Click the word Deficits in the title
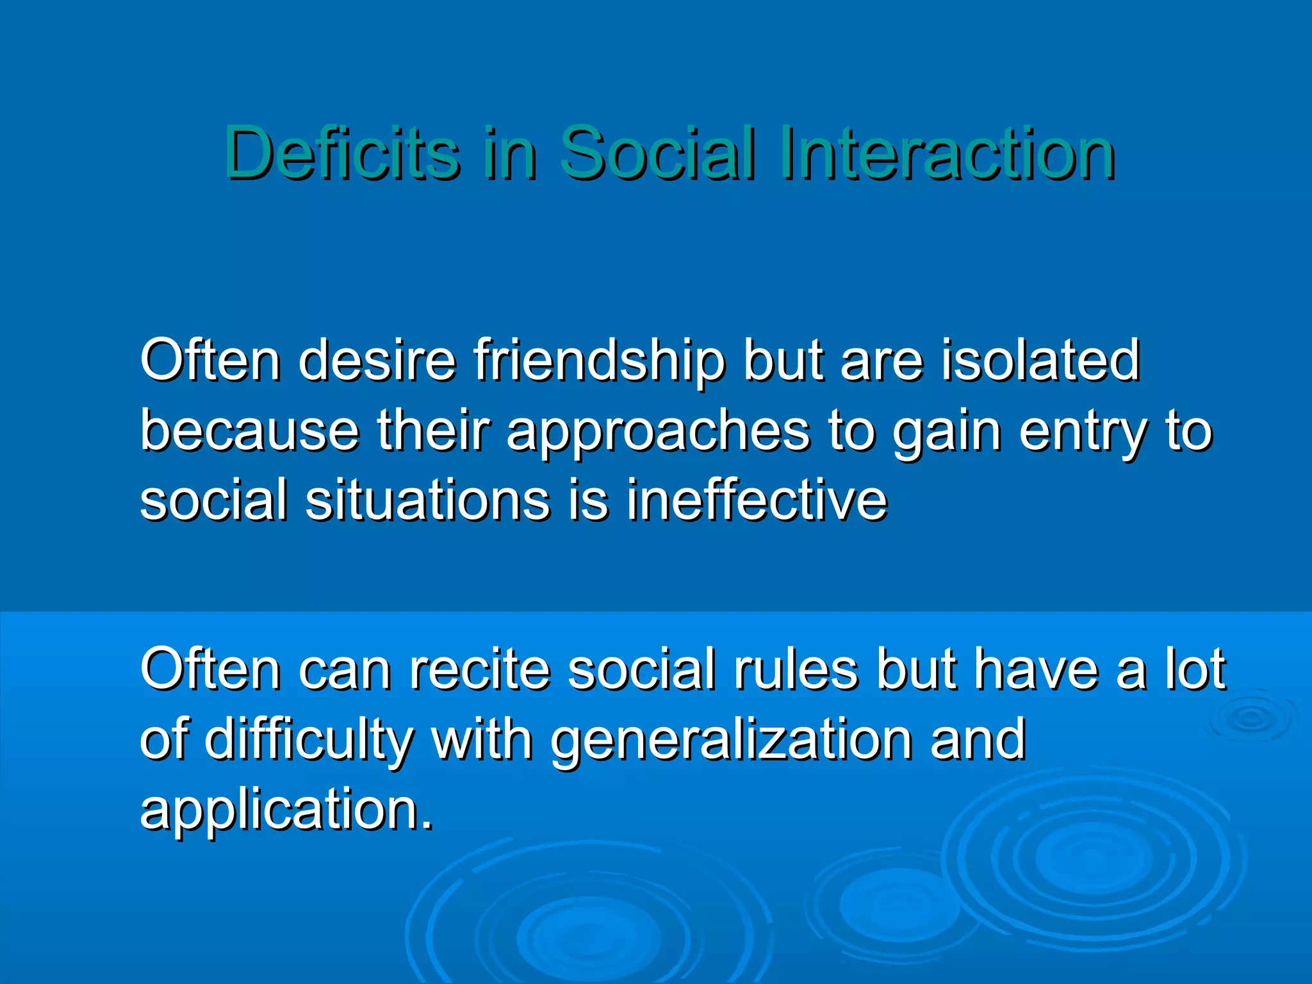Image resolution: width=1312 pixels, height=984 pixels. (341, 154)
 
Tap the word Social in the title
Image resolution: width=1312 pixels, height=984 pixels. (656, 154)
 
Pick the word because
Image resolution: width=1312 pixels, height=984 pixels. (249, 430)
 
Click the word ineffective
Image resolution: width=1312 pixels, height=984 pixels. (757, 500)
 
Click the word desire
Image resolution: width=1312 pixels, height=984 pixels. (377, 361)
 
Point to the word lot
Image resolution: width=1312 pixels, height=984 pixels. (1195, 669)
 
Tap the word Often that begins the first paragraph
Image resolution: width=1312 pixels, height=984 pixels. (210, 361)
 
